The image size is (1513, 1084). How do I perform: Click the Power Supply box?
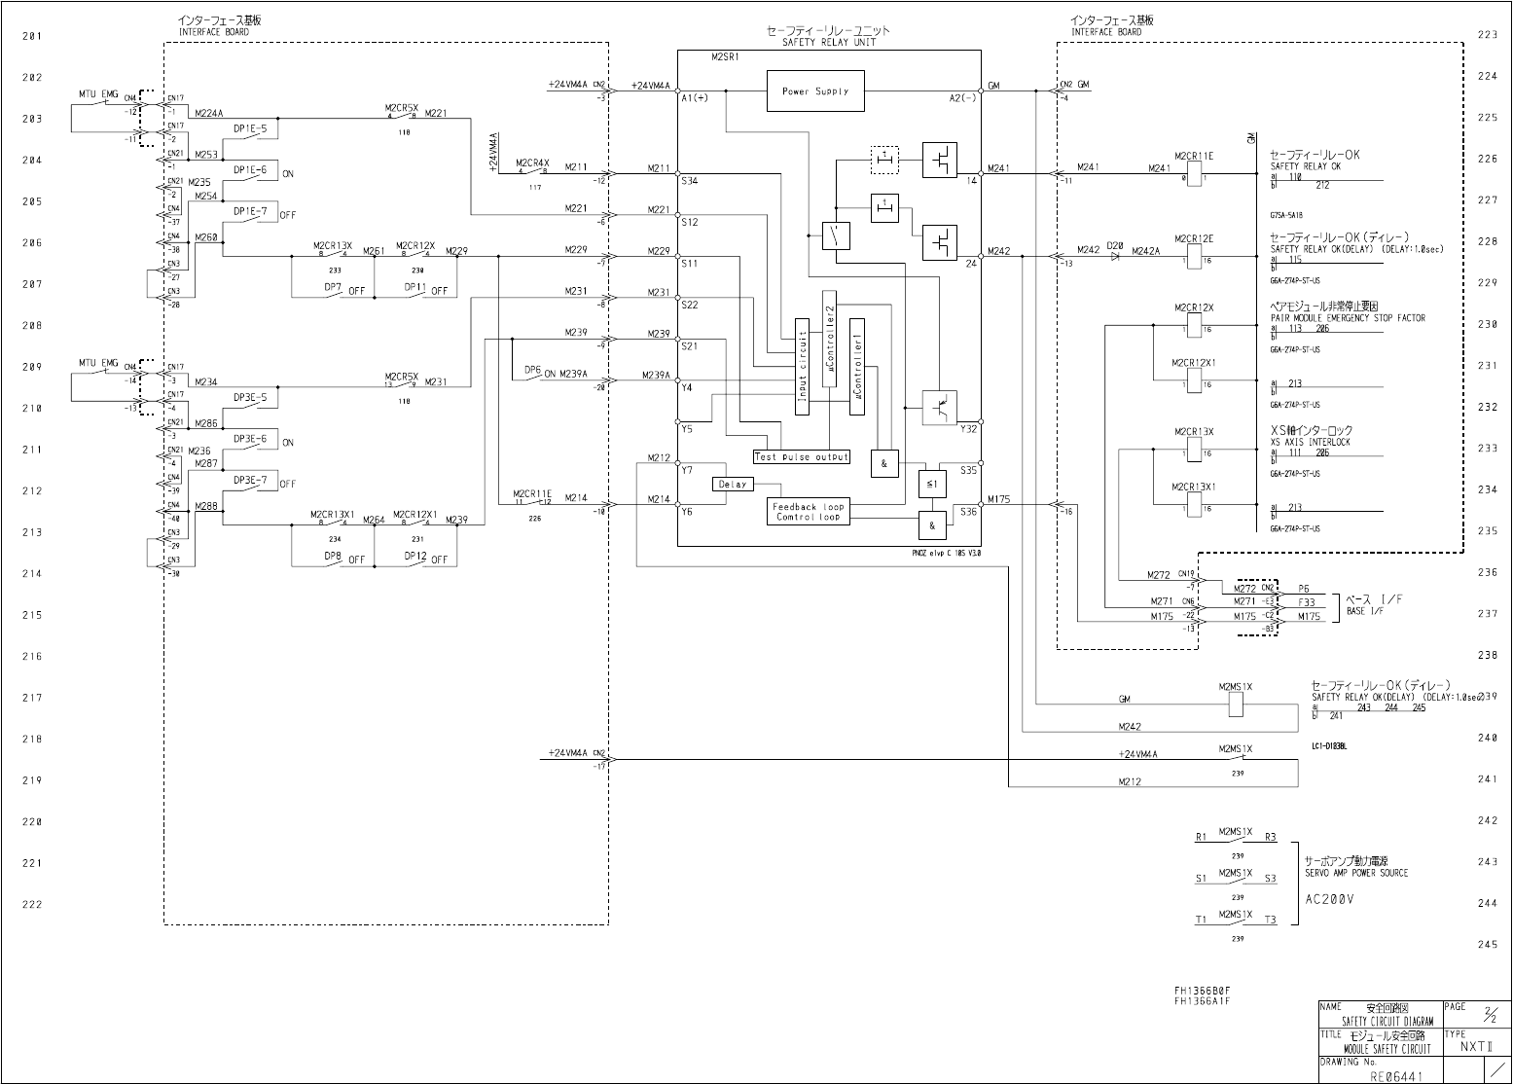point(815,91)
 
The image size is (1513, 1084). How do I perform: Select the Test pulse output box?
point(802,456)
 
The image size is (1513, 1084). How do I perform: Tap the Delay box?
point(733,484)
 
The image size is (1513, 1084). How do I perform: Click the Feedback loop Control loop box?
point(809,512)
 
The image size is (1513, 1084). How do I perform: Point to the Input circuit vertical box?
point(802,366)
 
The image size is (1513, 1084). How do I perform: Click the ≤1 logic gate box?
point(931,483)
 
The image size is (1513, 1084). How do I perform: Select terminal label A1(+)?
point(695,98)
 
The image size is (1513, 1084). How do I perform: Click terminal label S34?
point(689,181)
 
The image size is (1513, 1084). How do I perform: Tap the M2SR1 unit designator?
point(726,57)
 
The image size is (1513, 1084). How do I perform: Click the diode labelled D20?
point(1115,258)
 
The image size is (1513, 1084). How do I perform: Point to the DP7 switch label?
point(333,287)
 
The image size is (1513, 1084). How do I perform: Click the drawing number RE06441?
point(1397,1075)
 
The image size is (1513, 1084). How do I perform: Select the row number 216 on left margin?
point(32,656)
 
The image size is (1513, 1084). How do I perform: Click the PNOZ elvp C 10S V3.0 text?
point(940,552)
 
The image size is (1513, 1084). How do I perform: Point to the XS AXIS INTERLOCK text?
point(1311,442)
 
